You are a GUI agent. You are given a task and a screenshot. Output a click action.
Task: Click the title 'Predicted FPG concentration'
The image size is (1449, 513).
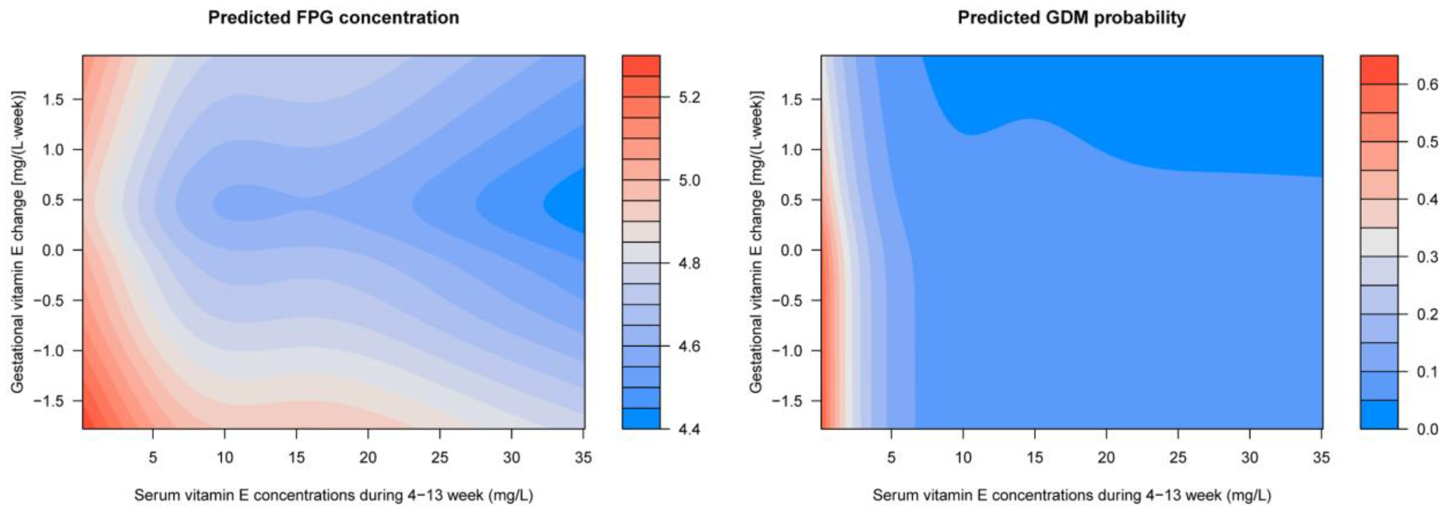pos(333,18)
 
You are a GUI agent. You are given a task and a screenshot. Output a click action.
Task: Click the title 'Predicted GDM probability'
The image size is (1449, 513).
pos(1072,18)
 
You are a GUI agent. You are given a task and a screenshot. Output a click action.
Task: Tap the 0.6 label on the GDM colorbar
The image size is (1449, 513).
pos(1427,85)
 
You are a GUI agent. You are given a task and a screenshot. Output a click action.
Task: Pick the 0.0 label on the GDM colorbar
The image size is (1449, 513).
pos(1427,429)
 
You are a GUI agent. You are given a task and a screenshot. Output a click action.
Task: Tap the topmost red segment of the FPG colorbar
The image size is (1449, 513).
pos(641,65)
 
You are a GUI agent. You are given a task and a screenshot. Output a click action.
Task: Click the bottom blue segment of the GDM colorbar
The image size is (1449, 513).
pos(1379,414)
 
